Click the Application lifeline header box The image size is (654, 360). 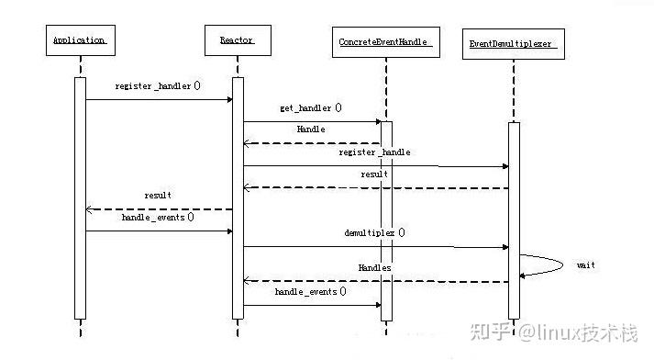click(80, 40)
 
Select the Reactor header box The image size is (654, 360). click(237, 40)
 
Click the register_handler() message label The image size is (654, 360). click(158, 85)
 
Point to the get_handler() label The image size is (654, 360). click(310, 107)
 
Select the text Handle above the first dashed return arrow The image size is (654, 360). click(310, 129)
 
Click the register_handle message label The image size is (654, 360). click(374, 152)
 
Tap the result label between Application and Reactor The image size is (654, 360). click(158, 196)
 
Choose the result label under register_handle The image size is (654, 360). click(373, 174)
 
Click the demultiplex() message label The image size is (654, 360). click(374, 233)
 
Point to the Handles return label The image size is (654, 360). click(374, 267)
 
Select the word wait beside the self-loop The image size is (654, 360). click(585, 264)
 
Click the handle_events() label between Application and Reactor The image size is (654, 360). click(158, 218)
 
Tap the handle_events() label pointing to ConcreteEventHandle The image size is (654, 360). click(310, 292)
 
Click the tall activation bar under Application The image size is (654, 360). click(80, 197)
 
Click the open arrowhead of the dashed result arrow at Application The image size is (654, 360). click(89, 209)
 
